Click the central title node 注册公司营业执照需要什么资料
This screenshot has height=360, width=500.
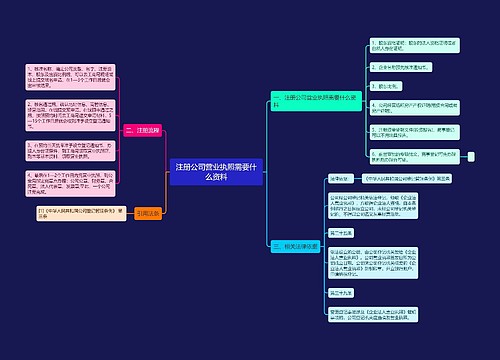(215, 171)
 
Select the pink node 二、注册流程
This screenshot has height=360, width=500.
(143, 130)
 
